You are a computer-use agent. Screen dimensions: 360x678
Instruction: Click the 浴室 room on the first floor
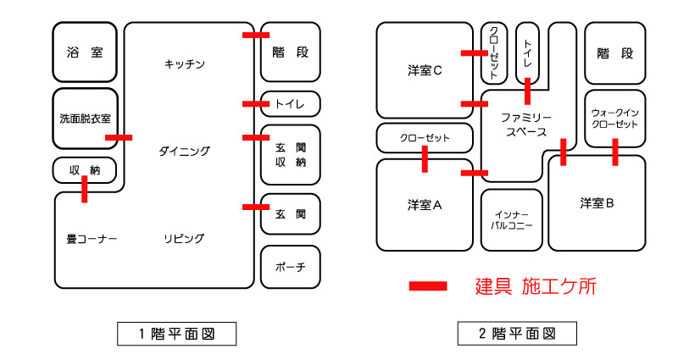(x=85, y=53)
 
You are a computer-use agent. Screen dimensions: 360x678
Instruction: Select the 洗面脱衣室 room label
(x=85, y=119)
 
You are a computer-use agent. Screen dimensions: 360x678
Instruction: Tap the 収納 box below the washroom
(x=85, y=170)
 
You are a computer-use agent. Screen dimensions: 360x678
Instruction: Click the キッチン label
(x=185, y=64)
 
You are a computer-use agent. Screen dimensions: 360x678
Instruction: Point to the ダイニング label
(x=184, y=151)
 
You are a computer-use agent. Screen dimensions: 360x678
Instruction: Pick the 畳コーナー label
(x=92, y=239)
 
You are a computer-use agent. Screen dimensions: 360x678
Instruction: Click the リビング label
(x=184, y=239)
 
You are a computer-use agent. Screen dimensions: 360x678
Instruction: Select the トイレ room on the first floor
(x=290, y=103)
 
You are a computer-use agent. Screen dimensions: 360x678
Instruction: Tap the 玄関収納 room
(x=290, y=155)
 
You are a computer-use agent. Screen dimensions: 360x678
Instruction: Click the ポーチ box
(x=290, y=268)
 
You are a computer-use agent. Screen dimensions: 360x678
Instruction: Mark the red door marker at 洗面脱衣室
(x=119, y=136)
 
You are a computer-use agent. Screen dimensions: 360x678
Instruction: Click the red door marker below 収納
(x=85, y=190)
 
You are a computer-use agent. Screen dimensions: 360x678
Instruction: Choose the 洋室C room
(x=425, y=71)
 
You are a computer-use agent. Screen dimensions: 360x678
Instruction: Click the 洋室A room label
(x=425, y=204)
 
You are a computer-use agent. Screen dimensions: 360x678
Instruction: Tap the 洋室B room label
(x=603, y=203)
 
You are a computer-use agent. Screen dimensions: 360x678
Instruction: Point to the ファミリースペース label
(x=526, y=125)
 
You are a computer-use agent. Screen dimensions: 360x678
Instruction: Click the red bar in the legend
(x=428, y=286)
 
